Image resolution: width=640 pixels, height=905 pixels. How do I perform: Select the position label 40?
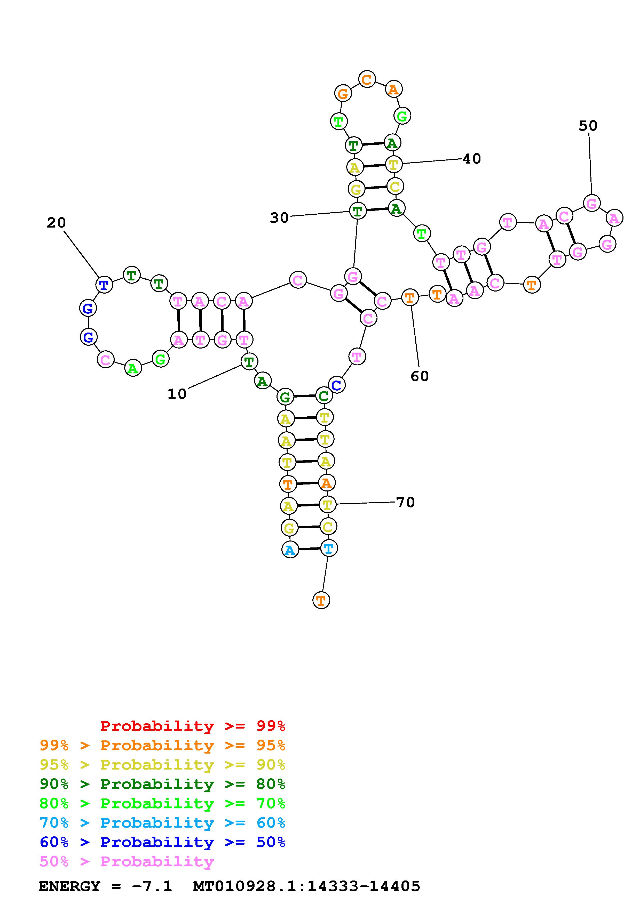(472, 159)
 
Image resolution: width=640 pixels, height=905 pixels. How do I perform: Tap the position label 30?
(279, 217)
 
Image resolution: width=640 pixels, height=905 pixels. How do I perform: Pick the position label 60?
(420, 376)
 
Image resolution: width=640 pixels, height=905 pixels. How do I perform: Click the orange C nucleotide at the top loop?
(367, 80)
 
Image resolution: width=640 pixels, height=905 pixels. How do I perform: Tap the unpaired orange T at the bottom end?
(321, 601)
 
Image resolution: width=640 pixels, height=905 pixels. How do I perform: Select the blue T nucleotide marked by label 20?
(104, 285)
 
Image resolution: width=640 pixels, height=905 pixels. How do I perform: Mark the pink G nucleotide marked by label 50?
(591, 203)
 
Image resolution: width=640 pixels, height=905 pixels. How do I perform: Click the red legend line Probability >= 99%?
(193, 726)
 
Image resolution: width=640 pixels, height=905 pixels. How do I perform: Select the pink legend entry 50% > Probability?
(127, 862)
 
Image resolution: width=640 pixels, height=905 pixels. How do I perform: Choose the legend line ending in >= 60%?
(162, 823)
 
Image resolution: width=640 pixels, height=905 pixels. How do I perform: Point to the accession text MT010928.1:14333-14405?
(307, 886)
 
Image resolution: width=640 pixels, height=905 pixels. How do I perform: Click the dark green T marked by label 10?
(249, 361)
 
